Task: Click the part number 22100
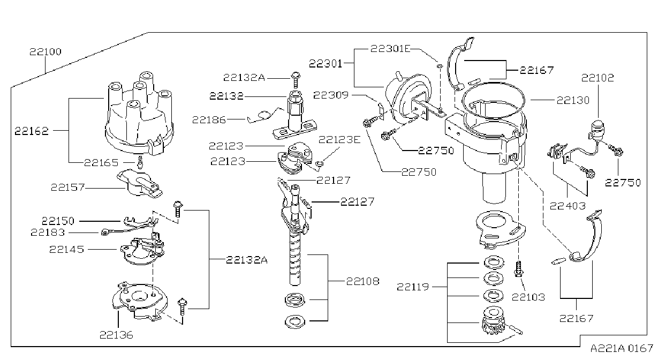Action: point(45,52)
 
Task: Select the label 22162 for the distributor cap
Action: point(32,131)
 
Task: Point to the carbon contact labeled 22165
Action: point(140,162)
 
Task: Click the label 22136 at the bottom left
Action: point(116,335)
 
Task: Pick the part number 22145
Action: point(67,249)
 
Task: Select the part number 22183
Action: point(48,232)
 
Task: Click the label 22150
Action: point(58,221)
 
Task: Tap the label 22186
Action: point(209,119)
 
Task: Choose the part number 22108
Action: point(363,281)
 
